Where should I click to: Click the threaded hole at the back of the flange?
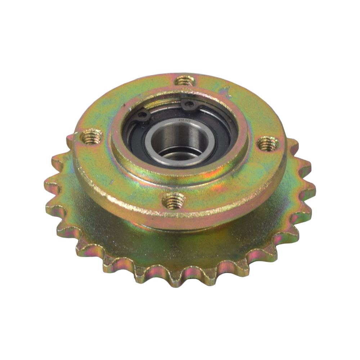click(185, 80)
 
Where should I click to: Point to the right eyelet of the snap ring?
click(189, 105)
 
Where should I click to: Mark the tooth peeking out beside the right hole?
click(293, 144)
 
